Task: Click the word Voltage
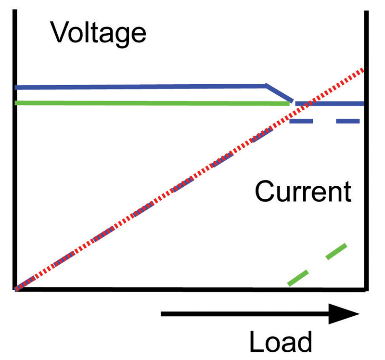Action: [98, 34]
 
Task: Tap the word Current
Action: [303, 191]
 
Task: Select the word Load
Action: [281, 342]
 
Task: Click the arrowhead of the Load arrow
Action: [344, 314]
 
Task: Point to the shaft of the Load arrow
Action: [245, 314]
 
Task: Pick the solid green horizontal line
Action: [152, 103]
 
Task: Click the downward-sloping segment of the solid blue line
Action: [280, 93]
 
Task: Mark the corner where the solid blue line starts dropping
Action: [266, 86]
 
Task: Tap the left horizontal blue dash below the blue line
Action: [301, 121]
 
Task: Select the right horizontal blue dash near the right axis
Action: [348, 121]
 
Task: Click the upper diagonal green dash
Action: [336, 251]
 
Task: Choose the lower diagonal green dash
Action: [298, 278]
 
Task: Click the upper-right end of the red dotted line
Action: [363, 70]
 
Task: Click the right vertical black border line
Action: [366, 151]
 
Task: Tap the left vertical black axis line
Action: [15, 150]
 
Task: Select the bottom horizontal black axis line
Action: [190, 290]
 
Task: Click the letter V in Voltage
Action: [59, 32]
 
